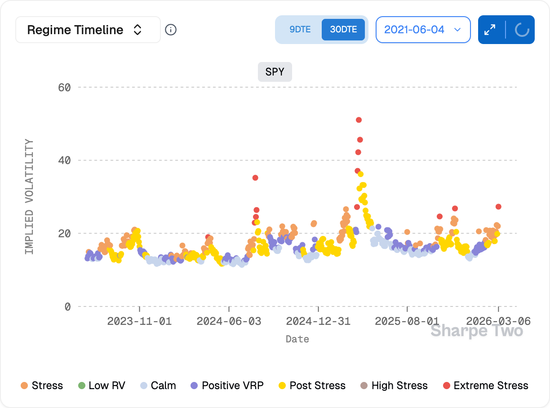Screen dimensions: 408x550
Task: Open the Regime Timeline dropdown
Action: click(88, 30)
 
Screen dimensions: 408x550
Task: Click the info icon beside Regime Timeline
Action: click(171, 30)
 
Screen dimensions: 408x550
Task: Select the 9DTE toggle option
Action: click(300, 30)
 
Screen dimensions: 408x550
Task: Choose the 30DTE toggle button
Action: click(343, 30)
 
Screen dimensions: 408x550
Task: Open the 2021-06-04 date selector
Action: click(423, 30)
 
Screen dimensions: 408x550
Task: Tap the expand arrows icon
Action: click(490, 30)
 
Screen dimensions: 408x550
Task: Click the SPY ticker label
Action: click(275, 72)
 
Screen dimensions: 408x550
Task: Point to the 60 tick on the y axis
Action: click(64, 87)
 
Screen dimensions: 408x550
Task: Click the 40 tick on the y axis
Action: click(64, 160)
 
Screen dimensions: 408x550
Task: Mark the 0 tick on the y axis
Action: click(67, 307)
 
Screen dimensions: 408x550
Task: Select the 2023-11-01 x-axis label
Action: click(139, 321)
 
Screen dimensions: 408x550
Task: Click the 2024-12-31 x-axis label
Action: click(318, 321)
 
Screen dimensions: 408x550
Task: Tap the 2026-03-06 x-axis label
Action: click(498, 321)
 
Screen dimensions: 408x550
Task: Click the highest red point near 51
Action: click(359, 120)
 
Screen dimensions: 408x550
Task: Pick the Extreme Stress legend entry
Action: click(486, 386)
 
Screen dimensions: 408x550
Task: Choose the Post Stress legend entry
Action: click(312, 386)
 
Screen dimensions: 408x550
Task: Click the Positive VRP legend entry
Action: click(227, 386)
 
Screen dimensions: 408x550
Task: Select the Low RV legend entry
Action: click(102, 386)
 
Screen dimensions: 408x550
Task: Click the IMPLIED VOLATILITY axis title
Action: click(29, 197)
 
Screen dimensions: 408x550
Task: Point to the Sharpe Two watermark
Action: click(477, 331)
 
